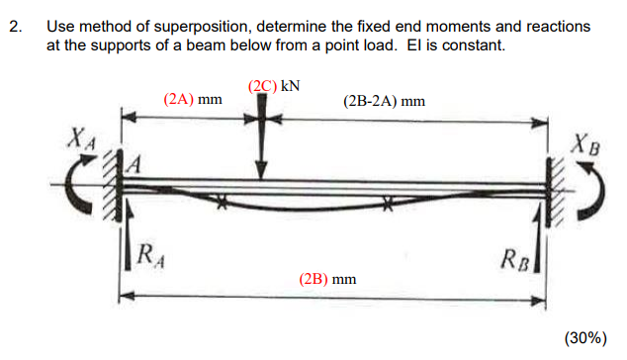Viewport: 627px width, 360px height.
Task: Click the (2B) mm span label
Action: (326, 279)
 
